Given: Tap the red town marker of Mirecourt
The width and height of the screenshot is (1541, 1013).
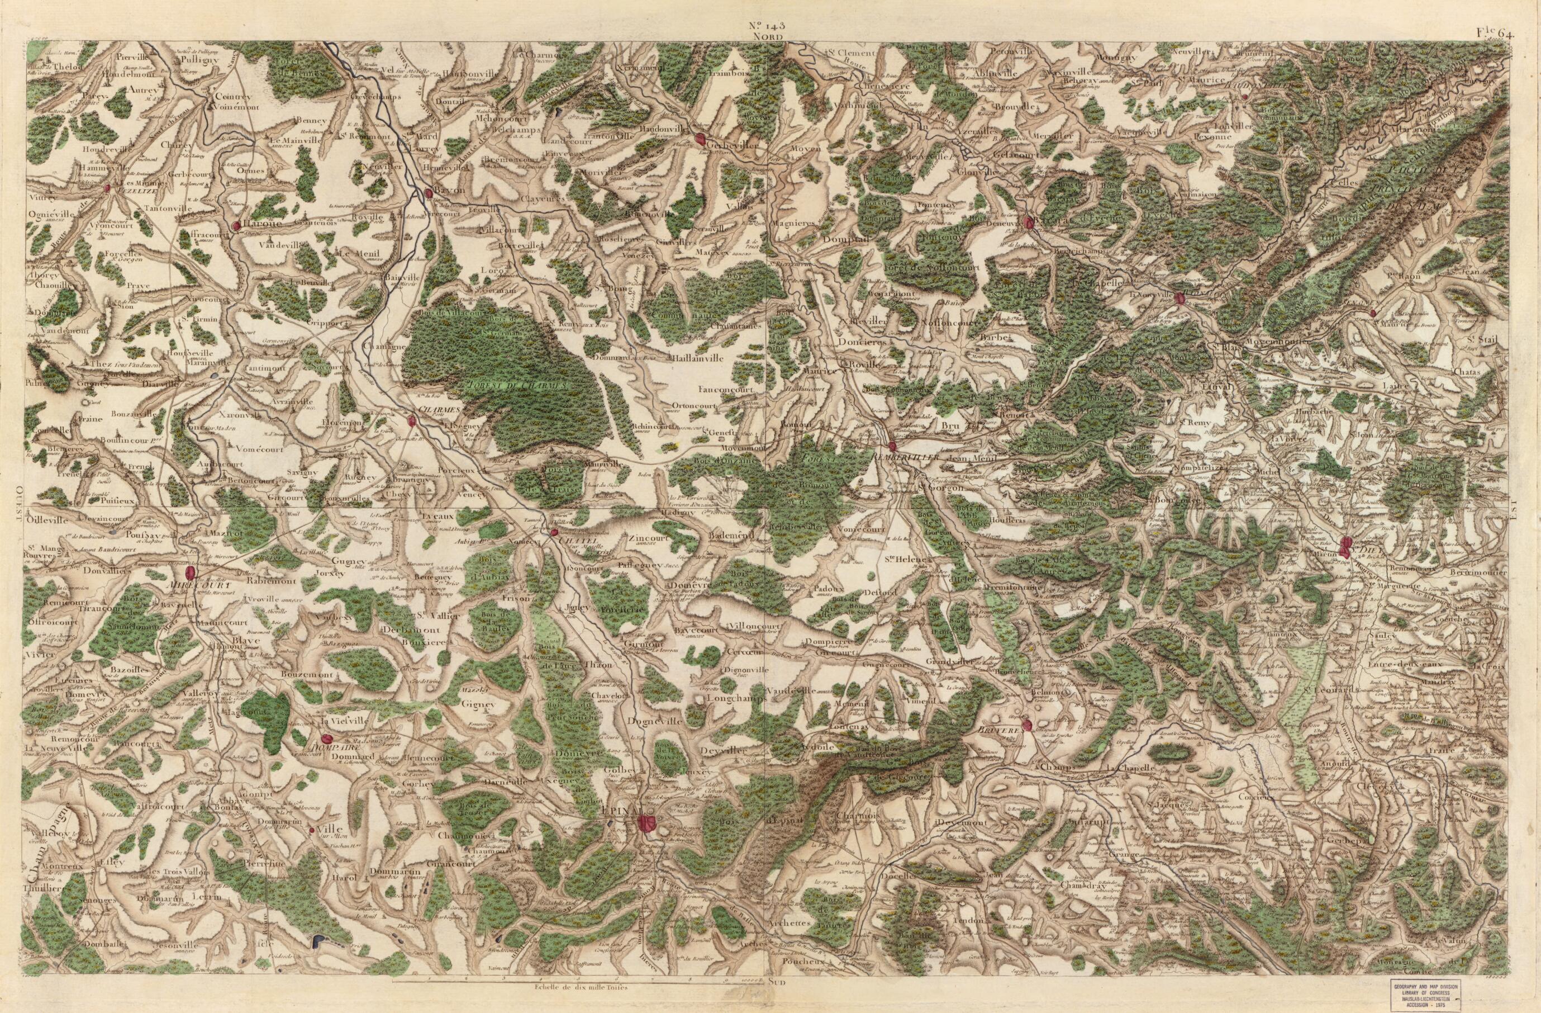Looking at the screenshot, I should pyautogui.click(x=191, y=573).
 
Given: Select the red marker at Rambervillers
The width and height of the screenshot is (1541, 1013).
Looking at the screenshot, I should pyautogui.click(x=892, y=446).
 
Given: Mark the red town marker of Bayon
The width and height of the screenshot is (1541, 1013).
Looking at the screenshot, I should pyautogui.click(x=429, y=192).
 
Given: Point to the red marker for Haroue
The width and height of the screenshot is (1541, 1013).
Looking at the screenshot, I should pyautogui.click(x=237, y=225).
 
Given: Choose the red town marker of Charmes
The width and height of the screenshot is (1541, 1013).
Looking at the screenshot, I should pyautogui.click(x=412, y=421).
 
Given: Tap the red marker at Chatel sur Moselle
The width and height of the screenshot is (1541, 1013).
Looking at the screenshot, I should pyautogui.click(x=554, y=532).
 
